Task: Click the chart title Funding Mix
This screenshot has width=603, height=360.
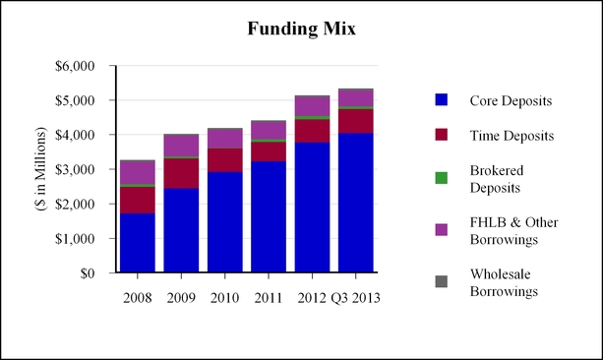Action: pyautogui.click(x=301, y=29)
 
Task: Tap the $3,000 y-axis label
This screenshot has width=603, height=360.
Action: pyautogui.click(x=75, y=169)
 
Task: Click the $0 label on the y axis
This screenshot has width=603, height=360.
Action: pyautogui.click(x=88, y=273)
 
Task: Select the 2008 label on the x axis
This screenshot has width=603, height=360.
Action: pyautogui.click(x=138, y=298)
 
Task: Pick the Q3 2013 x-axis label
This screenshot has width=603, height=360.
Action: pyautogui.click(x=356, y=298)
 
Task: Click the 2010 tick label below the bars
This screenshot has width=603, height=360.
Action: pyautogui.click(x=224, y=298)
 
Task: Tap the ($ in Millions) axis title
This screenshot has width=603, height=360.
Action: pyautogui.click(x=40, y=169)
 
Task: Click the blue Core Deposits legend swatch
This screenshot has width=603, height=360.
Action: pyautogui.click(x=442, y=100)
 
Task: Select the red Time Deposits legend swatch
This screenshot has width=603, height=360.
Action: pyautogui.click(x=442, y=135)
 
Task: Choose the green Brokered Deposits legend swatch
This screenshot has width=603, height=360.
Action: pyautogui.click(x=442, y=178)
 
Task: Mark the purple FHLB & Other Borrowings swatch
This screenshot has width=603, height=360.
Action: pyautogui.click(x=442, y=229)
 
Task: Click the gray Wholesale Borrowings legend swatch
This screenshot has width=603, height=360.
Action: pyautogui.click(x=442, y=281)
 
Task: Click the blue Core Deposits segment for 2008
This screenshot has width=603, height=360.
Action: pyautogui.click(x=138, y=243)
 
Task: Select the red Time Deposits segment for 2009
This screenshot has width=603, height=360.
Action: pyautogui.click(x=181, y=173)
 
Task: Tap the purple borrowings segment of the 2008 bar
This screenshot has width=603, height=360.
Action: pyautogui.click(x=138, y=173)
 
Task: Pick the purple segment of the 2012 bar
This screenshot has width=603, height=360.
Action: pyautogui.click(x=312, y=106)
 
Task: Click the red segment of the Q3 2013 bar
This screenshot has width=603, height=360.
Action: pyautogui.click(x=356, y=121)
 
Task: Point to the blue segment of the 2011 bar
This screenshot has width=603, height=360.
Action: pyautogui.click(x=269, y=217)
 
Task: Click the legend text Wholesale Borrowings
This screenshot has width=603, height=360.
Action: pyautogui.click(x=504, y=282)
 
